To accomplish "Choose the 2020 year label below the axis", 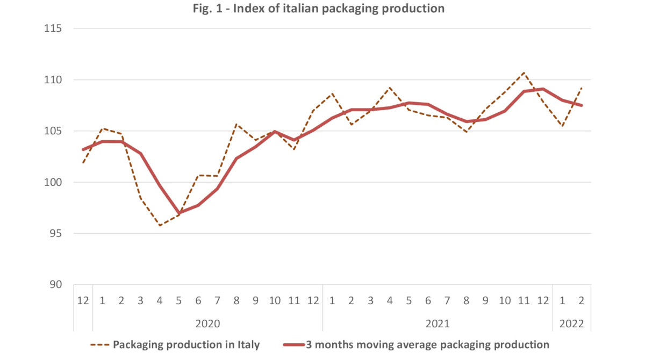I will [x=207, y=324].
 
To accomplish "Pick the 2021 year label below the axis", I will [x=438, y=324].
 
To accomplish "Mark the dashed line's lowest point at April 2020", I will [x=160, y=226].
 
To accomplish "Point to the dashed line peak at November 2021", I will [x=524, y=73].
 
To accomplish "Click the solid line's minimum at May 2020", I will [x=179, y=213].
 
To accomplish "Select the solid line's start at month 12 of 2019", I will [x=83, y=149].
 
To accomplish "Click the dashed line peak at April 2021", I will [x=390, y=88].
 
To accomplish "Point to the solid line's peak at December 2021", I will [x=543, y=89].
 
